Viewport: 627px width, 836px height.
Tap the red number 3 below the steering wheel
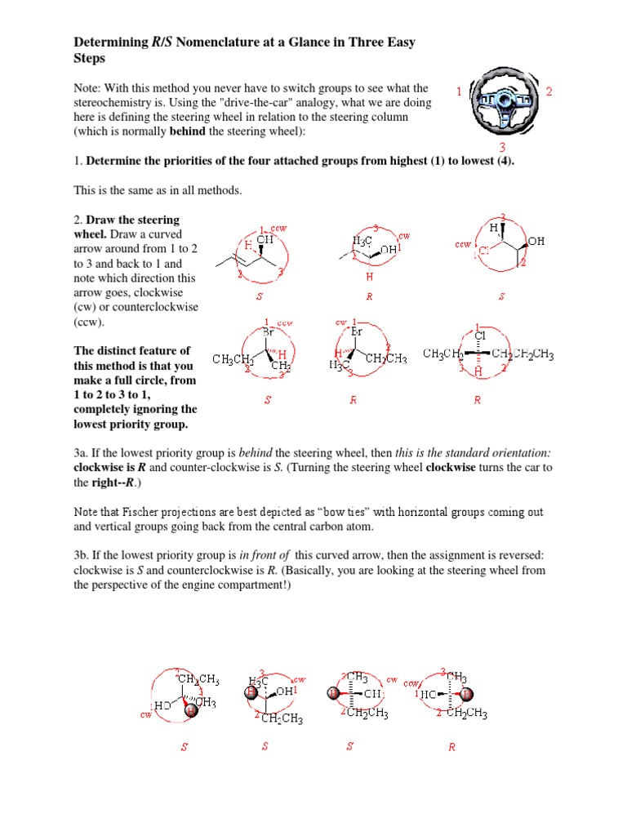[503, 147]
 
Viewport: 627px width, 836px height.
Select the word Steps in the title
[91, 59]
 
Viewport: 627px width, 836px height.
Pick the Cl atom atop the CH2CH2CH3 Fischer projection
[480, 335]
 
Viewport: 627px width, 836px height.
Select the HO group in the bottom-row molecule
[162, 705]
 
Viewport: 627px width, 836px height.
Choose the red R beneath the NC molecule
[451, 748]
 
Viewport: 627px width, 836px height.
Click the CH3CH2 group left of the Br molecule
[233, 359]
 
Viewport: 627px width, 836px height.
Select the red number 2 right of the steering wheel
[549, 92]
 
